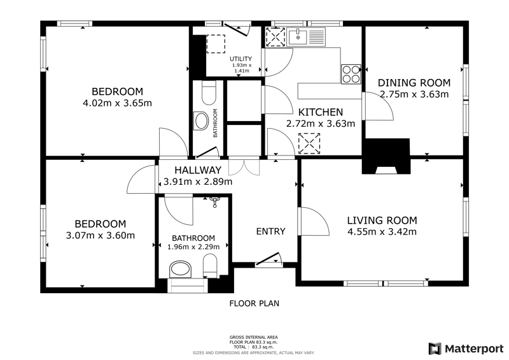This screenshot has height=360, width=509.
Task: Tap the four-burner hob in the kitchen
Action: click(351, 74)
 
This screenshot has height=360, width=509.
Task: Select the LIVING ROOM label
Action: click(382, 220)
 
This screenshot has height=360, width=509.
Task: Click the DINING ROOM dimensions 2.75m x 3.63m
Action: click(414, 94)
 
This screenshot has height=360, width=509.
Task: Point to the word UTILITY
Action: click(241, 59)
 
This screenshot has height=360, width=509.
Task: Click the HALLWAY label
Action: click(198, 170)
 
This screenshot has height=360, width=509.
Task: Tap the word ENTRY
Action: click(271, 231)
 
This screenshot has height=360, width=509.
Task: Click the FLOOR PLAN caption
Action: click(254, 303)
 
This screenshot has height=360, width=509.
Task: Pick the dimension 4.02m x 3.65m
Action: click(118, 103)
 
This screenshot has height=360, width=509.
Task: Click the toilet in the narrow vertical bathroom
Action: click(209, 92)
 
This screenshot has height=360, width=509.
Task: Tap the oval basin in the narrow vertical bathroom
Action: click(200, 121)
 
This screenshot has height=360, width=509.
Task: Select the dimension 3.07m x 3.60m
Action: click(101, 235)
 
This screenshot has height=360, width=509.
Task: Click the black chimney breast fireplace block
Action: click(386, 156)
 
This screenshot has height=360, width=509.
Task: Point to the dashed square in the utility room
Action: click(216, 44)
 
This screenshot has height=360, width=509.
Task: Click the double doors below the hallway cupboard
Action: click(244, 166)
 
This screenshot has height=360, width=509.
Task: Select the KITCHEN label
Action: click(321, 112)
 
